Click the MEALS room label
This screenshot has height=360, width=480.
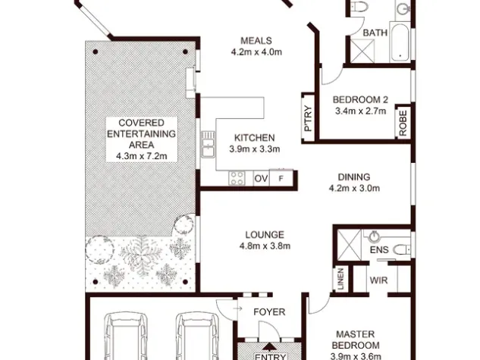click(x=256, y=41)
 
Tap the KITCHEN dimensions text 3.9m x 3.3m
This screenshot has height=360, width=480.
click(x=255, y=149)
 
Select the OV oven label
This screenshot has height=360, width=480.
click(x=261, y=178)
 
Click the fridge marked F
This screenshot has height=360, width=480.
click(x=281, y=178)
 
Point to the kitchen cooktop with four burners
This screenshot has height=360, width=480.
click(x=237, y=178)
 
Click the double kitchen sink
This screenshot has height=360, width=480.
click(x=208, y=144)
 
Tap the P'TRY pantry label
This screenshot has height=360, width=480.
click(x=309, y=119)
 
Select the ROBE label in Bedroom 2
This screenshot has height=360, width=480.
click(x=403, y=123)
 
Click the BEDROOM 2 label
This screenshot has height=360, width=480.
click(x=360, y=100)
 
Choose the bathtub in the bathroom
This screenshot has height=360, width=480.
click(x=399, y=42)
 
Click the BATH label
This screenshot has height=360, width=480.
click(x=375, y=33)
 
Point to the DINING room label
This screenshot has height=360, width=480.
click(x=354, y=177)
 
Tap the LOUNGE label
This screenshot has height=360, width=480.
click(x=265, y=235)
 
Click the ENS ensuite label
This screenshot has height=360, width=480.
click(x=379, y=250)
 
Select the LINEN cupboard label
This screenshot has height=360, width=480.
click(x=340, y=279)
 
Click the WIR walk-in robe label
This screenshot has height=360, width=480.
click(x=378, y=280)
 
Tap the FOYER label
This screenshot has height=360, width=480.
click(x=269, y=311)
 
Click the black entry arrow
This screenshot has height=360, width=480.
click(x=269, y=346)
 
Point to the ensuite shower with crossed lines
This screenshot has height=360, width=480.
click(x=350, y=245)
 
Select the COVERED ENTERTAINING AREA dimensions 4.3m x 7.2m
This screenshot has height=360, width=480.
click(x=142, y=156)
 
